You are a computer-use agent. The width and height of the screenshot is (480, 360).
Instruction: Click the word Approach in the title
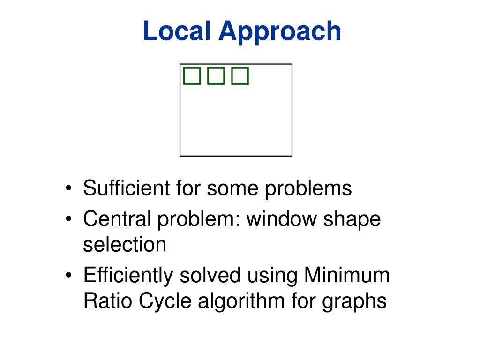pyautogui.click(x=279, y=32)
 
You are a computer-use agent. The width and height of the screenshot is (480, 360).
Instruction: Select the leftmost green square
pyautogui.click(x=191, y=76)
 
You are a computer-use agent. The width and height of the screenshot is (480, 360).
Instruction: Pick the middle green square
pyautogui.click(x=216, y=76)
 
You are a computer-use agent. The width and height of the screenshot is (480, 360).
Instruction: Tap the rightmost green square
pyautogui.click(x=240, y=76)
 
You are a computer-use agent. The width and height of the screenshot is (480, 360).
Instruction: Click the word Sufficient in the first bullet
pyautogui.click(x=126, y=188)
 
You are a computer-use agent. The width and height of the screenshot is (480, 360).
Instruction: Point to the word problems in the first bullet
pyautogui.click(x=308, y=188)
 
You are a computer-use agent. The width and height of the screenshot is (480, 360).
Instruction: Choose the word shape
pyautogui.click(x=352, y=219)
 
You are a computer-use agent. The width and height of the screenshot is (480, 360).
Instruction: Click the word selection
pyautogui.click(x=125, y=244)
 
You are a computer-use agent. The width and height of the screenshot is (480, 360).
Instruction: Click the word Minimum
pyautogui.click(x=347, y=275)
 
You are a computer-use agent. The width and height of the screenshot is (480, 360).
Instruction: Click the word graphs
pyautogui.click(x=354, y=300)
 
